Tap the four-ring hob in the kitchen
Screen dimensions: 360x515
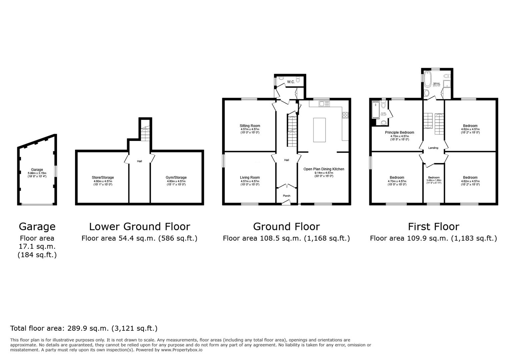coord(345,115)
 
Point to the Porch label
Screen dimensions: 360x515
coord(287,196)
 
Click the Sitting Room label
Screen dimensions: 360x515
coord(250,126)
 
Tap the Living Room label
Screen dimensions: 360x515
coord(250,178)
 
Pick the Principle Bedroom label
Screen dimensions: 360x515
coord(400,132)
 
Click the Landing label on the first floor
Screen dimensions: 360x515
coord(433,148)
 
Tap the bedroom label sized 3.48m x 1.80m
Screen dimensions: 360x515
coord(434,178)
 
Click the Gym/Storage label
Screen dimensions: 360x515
coord(176,178)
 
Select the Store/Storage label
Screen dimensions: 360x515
coord(103,178)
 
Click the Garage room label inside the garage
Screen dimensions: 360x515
coord(37,170)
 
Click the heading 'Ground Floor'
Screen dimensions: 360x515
coord(286,227)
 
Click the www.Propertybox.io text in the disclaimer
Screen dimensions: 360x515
coord(182,350)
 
